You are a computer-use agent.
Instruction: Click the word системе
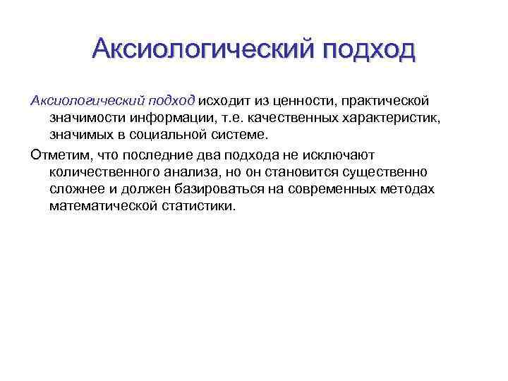pyautogui.click(x=243, y=135)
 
